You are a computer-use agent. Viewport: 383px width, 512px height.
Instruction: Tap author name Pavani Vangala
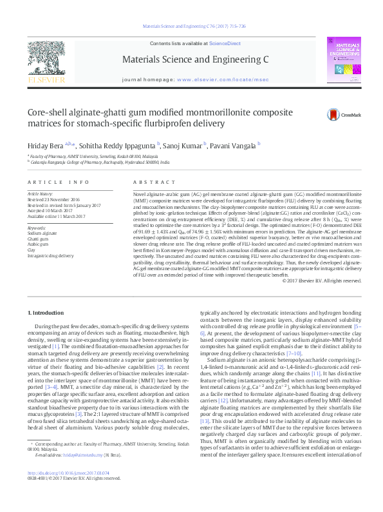[x=234, y=146]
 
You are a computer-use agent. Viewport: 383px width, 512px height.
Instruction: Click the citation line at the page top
[x=191, y=26]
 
